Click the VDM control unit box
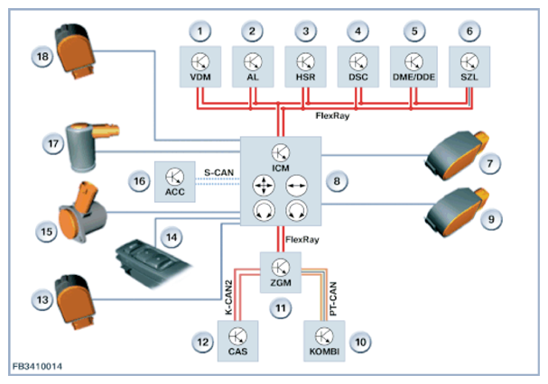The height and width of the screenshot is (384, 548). tap(200, 67)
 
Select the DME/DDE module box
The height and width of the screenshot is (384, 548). tap(413, 67)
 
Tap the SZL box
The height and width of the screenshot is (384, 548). tap(469, 67)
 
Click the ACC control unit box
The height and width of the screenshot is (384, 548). tap(175, 181)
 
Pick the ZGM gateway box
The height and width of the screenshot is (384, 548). tap(281, 272)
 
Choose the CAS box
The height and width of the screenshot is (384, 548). tap(238, 341)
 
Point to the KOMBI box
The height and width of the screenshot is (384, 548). tap(324, 341)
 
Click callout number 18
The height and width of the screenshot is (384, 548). tap(42, 56)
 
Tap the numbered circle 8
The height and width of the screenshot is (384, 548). tap(337, 181)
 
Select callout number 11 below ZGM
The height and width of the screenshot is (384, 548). tap(281, 308)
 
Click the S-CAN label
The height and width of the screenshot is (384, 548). tap(218, 172)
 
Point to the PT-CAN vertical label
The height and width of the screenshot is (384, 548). tap(333, 299)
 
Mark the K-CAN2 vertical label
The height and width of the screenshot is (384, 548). tap(228, 297)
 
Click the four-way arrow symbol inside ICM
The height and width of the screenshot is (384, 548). tap(264, 185)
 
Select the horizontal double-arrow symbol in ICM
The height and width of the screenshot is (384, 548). tap(296, 185)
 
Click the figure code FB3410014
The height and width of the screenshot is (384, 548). tap(37, 367)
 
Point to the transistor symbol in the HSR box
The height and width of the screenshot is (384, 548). tap(305, 62)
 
